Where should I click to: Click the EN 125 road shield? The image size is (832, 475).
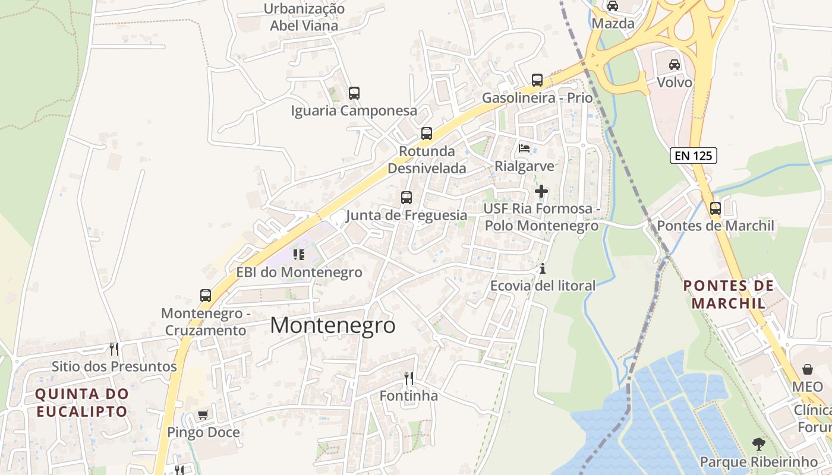[694, 156]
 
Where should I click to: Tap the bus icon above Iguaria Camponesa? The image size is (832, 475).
[354, 93]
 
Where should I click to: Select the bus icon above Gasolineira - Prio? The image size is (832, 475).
[537, 80]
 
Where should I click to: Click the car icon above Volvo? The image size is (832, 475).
[675, 64]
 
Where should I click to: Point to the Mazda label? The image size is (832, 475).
[613, 24]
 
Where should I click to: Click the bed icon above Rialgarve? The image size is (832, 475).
[524, 148]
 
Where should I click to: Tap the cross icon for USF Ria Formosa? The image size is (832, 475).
[541, 191]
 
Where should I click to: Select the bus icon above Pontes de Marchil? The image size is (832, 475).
[716, 208]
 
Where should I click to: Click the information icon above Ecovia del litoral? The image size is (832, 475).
[542, 269]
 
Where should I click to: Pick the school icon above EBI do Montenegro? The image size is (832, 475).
[299, 255]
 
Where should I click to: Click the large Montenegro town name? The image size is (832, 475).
[333, 325]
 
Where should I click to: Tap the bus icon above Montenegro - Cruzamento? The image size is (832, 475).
[206, 296]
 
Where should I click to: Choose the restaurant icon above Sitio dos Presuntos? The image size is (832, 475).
[114, 349]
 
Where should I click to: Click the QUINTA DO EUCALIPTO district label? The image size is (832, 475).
[82, 402]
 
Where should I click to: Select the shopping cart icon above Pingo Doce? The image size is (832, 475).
[203, 414]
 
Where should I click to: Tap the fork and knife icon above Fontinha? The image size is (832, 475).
[409, 378]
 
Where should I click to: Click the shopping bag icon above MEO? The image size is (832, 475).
[808, 369]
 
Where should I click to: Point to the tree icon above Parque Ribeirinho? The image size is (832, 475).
[758, 444]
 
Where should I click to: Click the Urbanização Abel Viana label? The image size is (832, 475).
[304, 17]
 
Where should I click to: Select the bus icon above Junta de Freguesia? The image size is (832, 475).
[406, 198]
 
